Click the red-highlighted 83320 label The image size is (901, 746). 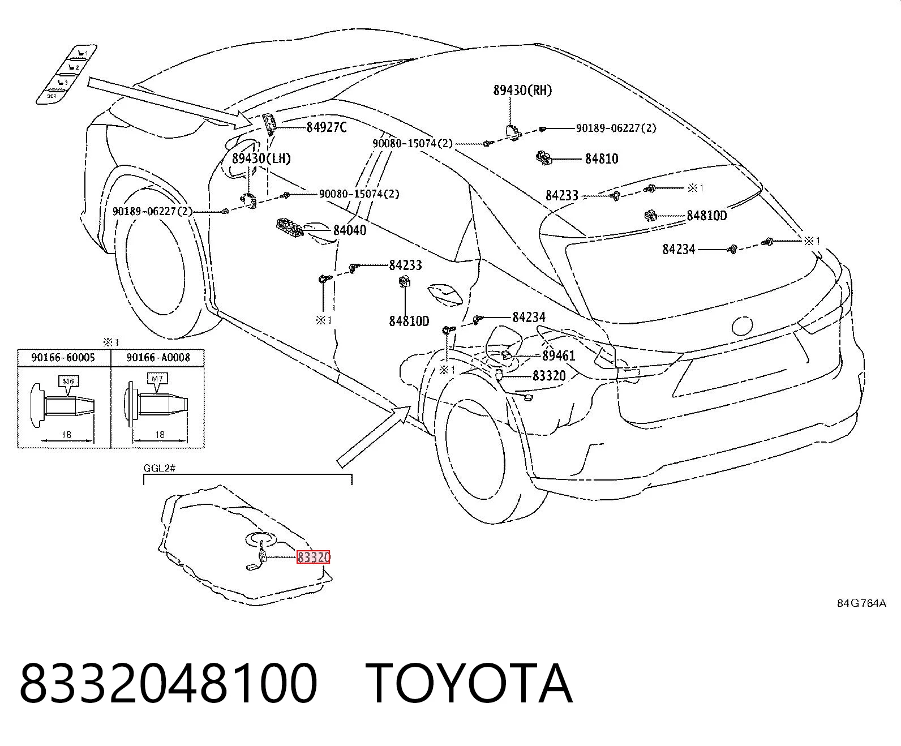click(314, 558)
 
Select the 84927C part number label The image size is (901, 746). click(326, 127)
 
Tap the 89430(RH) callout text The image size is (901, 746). click(522, 90)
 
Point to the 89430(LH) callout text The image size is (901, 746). click(261, 158)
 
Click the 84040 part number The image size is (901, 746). click(350, 230)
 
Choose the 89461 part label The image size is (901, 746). click(559, 355)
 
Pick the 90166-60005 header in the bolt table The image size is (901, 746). click(63, 358)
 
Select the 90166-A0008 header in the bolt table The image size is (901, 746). click(158, 358)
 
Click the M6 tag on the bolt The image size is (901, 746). click(68, 381)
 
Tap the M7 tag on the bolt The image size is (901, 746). click(157, 379)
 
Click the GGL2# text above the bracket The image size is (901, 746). click(159, 468)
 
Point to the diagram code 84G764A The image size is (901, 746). click(861, 603)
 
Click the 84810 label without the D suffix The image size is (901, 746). click(602, 159)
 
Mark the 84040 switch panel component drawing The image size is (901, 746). click(290, 227)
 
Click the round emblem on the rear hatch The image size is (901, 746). click(742, 325)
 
